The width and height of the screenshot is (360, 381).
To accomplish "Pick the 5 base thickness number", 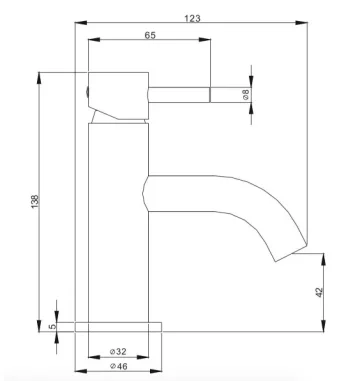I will pyautogui.click(x=51, y=327).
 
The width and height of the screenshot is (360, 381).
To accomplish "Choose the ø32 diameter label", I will pyautogui.click(x=118, y=352).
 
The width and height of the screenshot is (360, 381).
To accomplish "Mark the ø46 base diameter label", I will pyautogui.click(x=118, y=368).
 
